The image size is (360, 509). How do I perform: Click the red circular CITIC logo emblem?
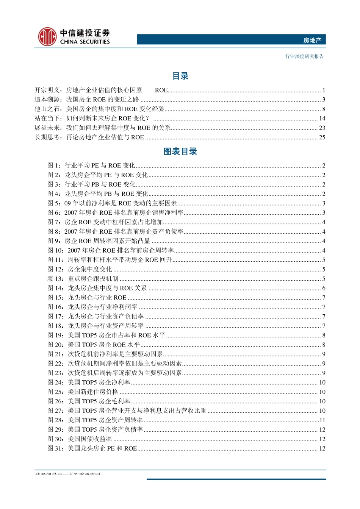coord(47,37)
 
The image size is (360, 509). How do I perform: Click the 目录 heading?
coord(180,76)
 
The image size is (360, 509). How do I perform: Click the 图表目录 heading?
coord(180,151)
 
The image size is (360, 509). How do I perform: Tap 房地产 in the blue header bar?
coord(312,40)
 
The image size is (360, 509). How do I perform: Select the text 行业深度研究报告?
coord(304,56)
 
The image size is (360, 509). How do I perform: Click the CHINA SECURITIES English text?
coord(85,42)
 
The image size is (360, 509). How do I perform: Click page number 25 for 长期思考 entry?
coord(322,137)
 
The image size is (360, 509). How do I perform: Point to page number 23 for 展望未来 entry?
coord(322,128)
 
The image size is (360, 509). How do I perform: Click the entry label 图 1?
coord(53,166)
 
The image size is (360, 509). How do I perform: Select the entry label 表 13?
coord(55,279)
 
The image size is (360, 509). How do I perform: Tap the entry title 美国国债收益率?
coord(90,439)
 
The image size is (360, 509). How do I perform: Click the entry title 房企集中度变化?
coord(90,269)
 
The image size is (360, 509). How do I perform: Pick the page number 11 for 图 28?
coord(322,420)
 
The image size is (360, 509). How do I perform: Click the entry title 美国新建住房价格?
coord(93,392)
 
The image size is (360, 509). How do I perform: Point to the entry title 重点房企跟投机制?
coord(93,279)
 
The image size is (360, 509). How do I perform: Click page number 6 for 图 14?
coord(324,288)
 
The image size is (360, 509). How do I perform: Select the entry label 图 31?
coord(55,448)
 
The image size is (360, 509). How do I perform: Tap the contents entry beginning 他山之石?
coord(100,109)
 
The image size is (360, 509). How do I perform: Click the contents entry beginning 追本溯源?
coord(87,100)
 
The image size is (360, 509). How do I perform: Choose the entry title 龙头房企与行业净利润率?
coord(102,307)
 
